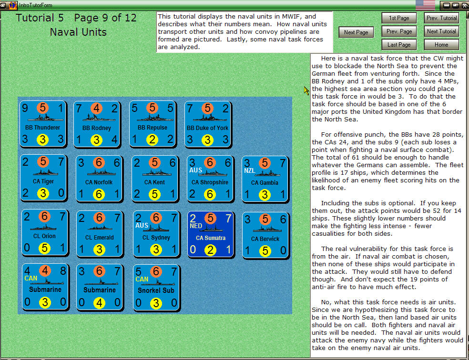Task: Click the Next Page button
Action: (x=356, y=32)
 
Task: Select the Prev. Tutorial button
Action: (x=441, y=18)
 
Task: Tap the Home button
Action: (x=441, y=45)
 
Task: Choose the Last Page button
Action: (x=398, y=45)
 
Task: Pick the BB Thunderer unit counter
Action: (x=42, y=124)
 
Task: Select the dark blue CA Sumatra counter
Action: (x=211, y=234)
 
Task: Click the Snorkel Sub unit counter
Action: (x=156, y=287)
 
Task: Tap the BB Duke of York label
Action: (x=207, y=128)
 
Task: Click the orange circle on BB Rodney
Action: (x=97, y=109)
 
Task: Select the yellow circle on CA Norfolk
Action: (x=99, y=194)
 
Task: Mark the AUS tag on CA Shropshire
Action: (x=196, y=170)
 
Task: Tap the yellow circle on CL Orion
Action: (x=44, y=248)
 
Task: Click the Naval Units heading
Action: (x=78, y=32)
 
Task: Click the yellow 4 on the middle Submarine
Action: (x=99, y=302)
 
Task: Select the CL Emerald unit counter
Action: (x=100, y=234)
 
